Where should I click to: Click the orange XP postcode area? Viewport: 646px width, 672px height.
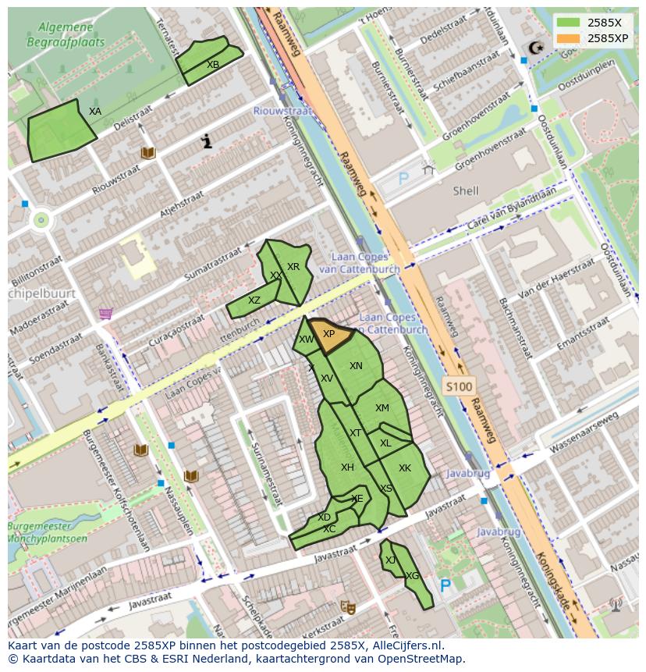(329, 336)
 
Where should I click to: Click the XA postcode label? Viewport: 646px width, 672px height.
(95, 112)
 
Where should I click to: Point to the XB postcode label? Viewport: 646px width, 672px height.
(213, 65)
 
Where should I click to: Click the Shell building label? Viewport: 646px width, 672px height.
(466, 190)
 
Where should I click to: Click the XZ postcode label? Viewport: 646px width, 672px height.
(254, 300)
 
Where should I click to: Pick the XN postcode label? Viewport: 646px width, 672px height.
(356, 366)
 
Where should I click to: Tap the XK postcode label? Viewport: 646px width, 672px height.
(405, 468)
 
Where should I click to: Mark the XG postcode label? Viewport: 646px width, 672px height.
(413, 576)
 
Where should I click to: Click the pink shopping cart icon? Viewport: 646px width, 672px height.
(105, 314)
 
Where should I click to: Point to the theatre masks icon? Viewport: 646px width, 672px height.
(347, 606)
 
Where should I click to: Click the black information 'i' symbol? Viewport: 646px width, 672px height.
(207, 141)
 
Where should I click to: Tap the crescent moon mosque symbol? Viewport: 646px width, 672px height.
(535, 48)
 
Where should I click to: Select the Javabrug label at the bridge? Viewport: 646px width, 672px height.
(468, 474)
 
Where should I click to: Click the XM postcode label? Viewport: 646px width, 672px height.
(382, 408)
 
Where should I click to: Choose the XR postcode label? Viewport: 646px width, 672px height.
(293, 267)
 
